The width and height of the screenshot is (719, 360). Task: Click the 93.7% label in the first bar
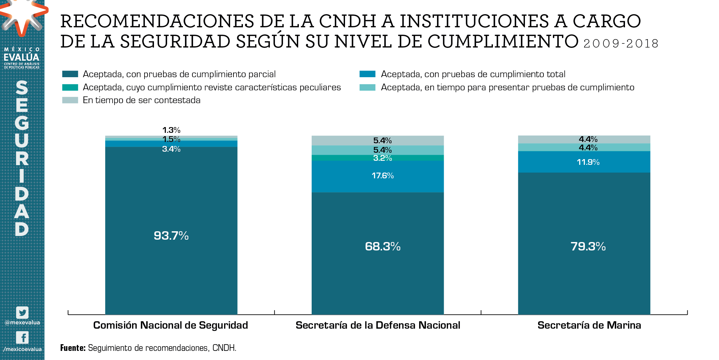click(171, 236)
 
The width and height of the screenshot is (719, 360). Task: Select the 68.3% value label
click(382, 246)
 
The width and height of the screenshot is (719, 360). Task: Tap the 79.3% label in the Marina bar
click(588, 246)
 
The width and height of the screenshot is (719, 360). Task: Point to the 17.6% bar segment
click(377, 182)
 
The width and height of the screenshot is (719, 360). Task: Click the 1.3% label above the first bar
click(171, 130)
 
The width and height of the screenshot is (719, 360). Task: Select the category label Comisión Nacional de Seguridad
click(170, 325)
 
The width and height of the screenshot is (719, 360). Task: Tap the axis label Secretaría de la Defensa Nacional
click(378, 325)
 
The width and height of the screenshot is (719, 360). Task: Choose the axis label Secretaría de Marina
click(589, 325)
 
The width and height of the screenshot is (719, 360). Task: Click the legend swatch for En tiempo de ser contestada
click(70, 100)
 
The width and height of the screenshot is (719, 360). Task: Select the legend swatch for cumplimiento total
click(367, 74)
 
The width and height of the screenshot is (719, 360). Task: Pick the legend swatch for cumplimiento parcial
click(70, 74)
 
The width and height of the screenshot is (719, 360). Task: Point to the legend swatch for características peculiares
click(70, 87)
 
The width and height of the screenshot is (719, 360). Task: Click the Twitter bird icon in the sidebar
click(22, 312)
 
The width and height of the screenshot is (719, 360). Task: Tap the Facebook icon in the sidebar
click(22, 337)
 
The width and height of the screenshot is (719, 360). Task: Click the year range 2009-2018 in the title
click(621, 44)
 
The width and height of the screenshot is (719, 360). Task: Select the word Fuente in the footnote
click(73, 348)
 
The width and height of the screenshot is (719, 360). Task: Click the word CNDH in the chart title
click(347, 21)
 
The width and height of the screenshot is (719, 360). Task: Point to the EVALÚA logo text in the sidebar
click(22, 57)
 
